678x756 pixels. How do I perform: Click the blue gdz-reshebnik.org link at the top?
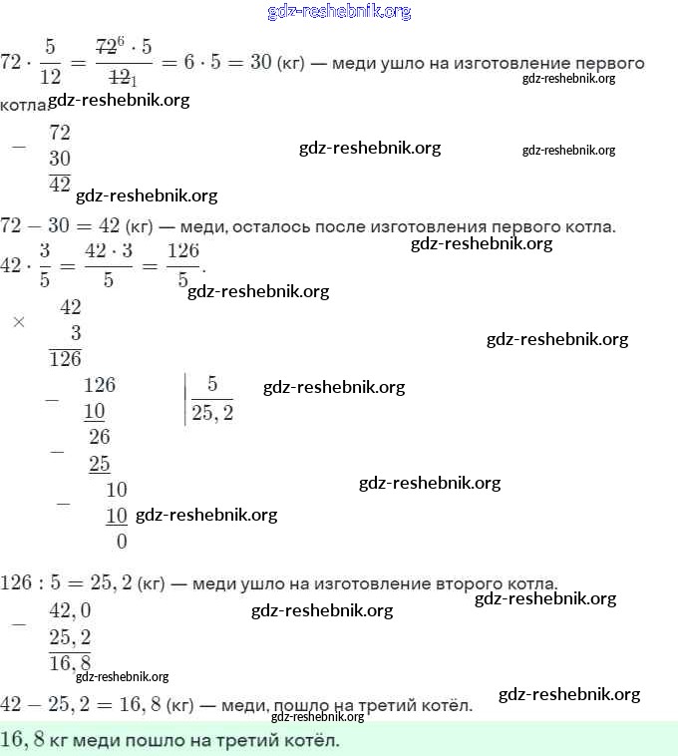point(339,12)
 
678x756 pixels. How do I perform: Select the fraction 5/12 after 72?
point(51,62)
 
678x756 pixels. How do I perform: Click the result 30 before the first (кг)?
point(261,62)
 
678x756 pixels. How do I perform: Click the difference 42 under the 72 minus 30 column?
point(60,184)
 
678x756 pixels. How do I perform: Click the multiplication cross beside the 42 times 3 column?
point(18,322)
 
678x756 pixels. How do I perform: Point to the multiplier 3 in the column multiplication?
point(76,333)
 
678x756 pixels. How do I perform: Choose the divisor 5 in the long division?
point(212,384)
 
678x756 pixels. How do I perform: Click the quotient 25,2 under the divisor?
point(212,412)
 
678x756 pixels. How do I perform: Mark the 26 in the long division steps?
point(100,437)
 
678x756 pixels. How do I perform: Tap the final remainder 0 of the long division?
point(122,542)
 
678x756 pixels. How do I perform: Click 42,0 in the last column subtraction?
point(70,611)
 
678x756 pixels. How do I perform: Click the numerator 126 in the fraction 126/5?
point(184,251)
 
